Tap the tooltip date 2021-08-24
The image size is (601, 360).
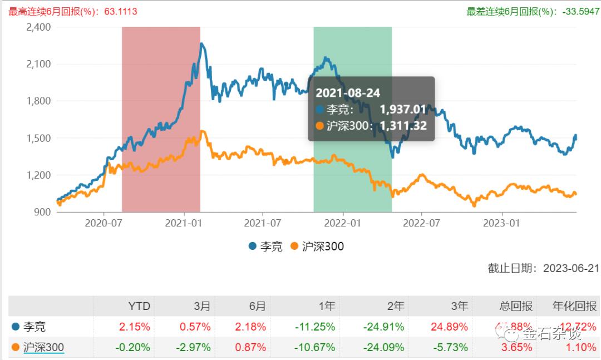click(x=348, y=93)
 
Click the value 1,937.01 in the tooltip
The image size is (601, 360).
click(x=403, y=110)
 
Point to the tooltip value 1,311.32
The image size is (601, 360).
click(x=403, y=126)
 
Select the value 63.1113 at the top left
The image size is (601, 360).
click(x=119, y=11)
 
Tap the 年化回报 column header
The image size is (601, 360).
click(x=575, y=306)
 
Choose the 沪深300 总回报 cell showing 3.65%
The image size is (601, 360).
click(x=518, y=348)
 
